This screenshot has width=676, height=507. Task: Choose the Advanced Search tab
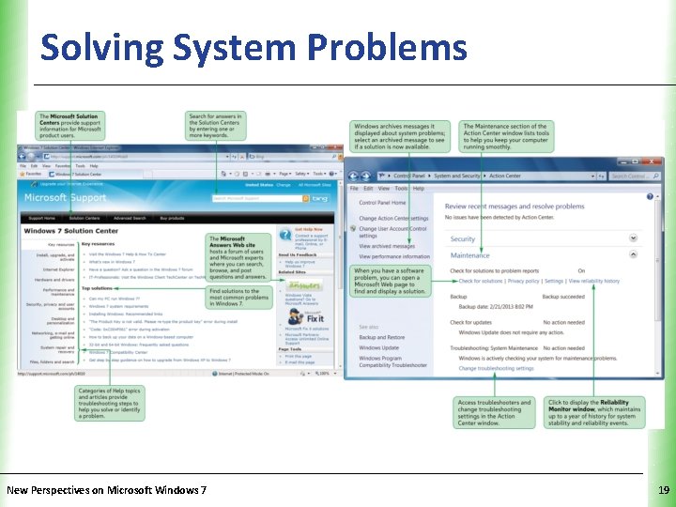tap(130, 218)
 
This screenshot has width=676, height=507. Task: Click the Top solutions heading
tap(98, 289)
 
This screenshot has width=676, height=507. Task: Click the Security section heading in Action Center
tap(463, 239)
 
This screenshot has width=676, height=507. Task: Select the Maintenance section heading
tap(469, 255)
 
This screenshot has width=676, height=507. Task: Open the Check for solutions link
tap(481, 281)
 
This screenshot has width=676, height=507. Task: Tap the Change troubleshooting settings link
tap(496, 369)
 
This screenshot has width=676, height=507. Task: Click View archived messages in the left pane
tap(387, 246)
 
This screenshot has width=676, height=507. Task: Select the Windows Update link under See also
tap(378, 347)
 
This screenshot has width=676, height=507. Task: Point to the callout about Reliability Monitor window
tap(594, 414)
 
